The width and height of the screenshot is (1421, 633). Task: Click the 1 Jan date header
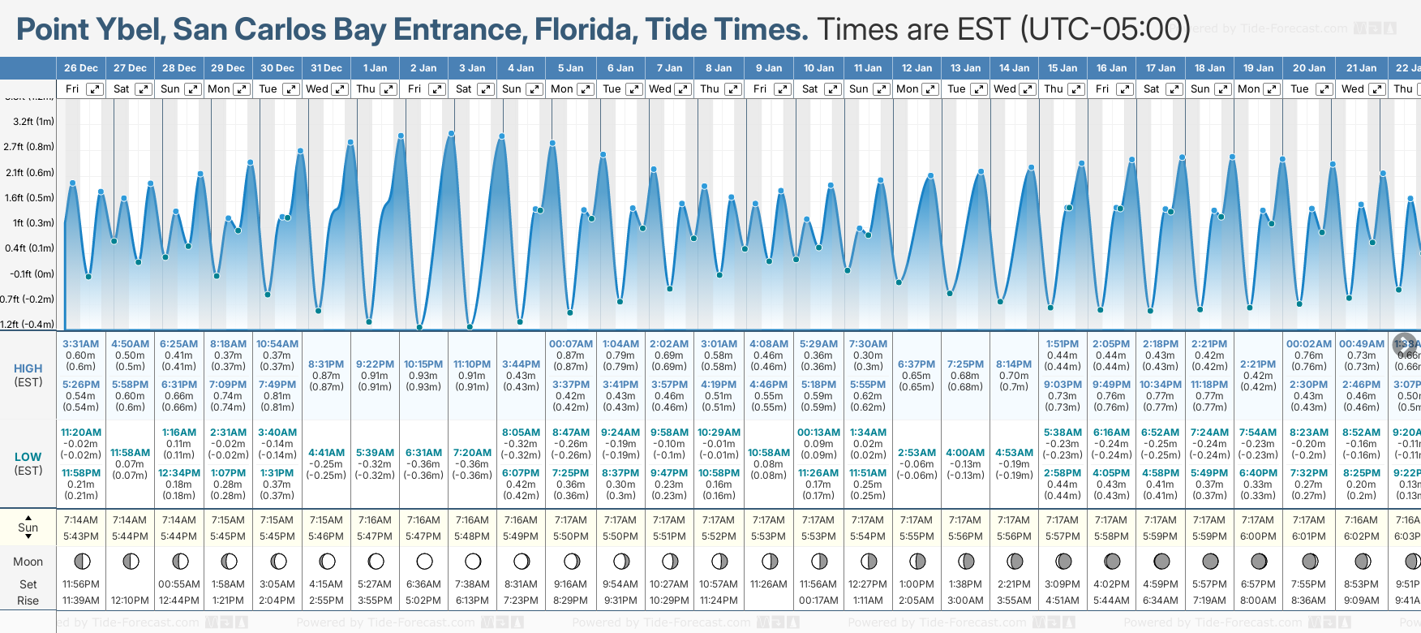click(375, 68)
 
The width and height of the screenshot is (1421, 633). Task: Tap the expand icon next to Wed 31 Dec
click(340, 89)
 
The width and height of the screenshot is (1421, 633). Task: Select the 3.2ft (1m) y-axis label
click(34, 122)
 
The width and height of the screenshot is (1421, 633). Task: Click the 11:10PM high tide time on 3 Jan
click(472, 364)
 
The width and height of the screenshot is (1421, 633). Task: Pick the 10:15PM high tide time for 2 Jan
click(423, 364)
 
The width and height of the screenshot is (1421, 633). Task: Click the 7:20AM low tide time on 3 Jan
click(472, 453)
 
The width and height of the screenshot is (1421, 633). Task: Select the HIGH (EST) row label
click(28, 375)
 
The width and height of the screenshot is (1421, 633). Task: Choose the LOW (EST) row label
click(28, 463)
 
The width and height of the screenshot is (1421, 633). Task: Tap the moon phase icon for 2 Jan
click(424, 561)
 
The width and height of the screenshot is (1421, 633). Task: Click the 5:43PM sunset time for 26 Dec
click(81, 536)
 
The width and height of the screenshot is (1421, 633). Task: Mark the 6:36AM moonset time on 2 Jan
click(423, 584)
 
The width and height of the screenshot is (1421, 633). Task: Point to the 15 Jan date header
click(1063, 68)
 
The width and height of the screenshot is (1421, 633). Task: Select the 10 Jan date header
click(818, 68)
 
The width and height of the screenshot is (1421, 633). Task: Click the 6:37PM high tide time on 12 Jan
click(917, 364)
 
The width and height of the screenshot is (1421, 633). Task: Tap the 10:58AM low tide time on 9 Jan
click(769, 453)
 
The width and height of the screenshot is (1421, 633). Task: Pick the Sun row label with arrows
click(28, 527)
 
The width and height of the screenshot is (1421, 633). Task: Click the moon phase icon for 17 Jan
click(1161, 561)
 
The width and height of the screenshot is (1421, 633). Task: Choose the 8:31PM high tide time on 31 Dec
click(326, 364)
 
